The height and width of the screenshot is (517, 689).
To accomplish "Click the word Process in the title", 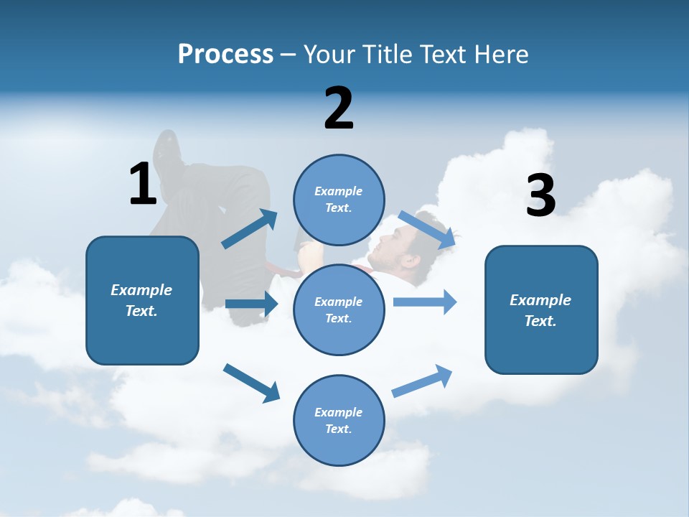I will [225, 55].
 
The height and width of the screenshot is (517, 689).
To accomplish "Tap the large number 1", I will [143, 184].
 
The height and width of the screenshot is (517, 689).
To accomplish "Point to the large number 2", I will [339, 108].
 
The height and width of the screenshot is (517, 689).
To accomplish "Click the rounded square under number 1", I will [142, 300].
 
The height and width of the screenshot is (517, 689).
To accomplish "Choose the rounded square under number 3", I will [541, 309].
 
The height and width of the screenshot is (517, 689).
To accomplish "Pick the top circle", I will [339, 200].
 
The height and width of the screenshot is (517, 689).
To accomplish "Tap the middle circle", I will [339, 309].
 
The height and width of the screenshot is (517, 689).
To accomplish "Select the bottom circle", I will [339, 420].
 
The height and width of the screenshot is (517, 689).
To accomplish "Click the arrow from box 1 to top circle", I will [250, 229].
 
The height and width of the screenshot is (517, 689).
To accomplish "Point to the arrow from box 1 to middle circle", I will [251, 304].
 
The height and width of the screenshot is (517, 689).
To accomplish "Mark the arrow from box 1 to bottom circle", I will [251, 382].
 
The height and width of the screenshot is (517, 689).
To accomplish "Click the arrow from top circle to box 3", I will [427, 229].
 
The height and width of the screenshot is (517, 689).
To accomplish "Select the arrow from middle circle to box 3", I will [425, 302].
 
